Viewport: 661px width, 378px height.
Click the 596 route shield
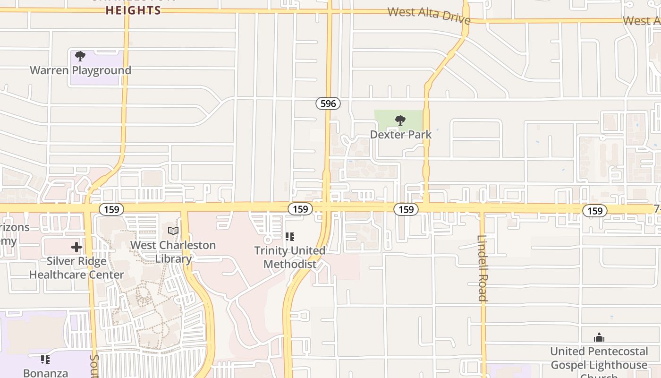coord(328,103)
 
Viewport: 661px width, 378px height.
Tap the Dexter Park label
coord(400,135)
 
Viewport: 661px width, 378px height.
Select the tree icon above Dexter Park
coord(400,120)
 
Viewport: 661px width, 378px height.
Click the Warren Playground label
coord(80,70)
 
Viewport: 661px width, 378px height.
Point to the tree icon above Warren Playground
coord(80,57)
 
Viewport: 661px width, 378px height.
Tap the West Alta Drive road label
coord(429,15)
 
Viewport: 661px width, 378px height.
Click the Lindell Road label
coord(482,268)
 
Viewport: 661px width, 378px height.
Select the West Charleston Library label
coord(173,252)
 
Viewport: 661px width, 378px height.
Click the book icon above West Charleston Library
coord(173,231)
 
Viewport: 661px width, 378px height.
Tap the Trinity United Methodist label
coord(290,257)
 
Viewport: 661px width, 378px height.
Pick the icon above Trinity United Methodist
coord(290,236)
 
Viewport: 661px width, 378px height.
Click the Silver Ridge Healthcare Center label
coord(76,268)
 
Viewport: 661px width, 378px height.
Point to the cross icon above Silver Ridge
coord(76,247)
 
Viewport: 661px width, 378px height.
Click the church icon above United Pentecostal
coord(599,337)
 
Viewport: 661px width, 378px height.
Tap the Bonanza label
coord(45,373)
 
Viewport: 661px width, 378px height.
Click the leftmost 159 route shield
coord(111,209)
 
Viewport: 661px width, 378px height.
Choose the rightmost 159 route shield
coord(595,211)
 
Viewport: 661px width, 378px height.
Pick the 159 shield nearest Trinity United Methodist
coord(300,209)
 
